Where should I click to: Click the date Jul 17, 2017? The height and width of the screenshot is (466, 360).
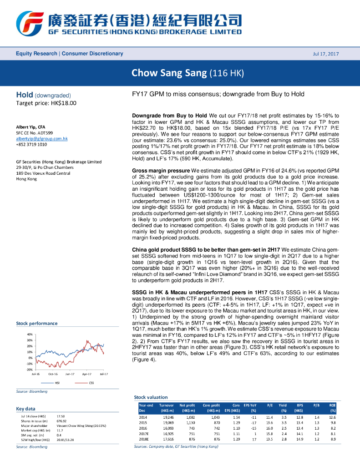pos(326,54)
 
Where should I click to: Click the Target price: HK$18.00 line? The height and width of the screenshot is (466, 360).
pos(46,103)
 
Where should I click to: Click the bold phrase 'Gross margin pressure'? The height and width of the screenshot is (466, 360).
pos(161,170)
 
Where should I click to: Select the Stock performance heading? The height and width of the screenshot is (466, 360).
pos(37,323)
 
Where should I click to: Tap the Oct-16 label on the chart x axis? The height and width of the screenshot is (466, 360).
pos(53,374)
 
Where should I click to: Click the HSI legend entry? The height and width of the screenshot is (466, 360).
pos(57,383)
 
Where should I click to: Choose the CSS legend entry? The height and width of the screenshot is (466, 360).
pos(91,383)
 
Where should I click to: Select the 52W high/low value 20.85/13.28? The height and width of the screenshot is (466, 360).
pos(66,439)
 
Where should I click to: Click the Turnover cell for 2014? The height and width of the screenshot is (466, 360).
pos(168,417)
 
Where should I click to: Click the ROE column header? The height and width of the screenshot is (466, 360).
pos(333,405)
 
